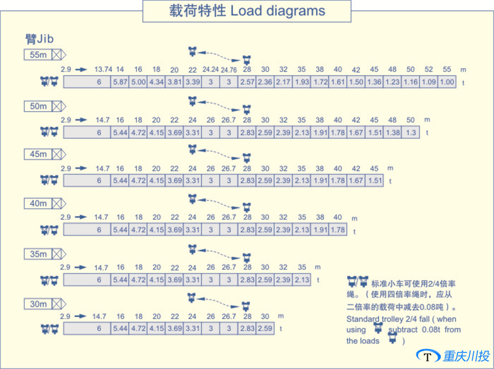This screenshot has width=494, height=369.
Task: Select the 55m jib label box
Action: (x=38, y=55)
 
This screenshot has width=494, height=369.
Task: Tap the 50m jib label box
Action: (x=38, y=106)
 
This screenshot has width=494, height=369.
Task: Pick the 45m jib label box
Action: (x=38, y=154)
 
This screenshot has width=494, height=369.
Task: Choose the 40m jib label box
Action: (x=38, y=203)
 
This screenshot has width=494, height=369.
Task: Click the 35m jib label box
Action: (x=38, y=254)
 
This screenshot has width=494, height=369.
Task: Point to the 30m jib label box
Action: (x=38, y=304)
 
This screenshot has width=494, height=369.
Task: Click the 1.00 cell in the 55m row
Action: (x=447, y=82)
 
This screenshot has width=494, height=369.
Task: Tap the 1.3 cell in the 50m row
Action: (x=411, y=132)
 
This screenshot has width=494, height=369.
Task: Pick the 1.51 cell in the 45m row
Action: (x=374, y=180)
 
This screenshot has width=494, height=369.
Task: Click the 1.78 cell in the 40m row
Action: (x=338, y=230)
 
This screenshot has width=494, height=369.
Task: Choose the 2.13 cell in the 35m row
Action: (x=301, y=280)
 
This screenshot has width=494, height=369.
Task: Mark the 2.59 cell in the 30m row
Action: (x=265, y=328)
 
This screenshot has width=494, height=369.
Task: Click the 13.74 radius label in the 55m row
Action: (x=103, y=69)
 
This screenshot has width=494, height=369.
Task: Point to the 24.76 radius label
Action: (x=229, y=70)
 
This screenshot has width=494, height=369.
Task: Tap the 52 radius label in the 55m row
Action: (x=429, y=69)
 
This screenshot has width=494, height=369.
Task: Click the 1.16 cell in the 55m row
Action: (x=411, y=82)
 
